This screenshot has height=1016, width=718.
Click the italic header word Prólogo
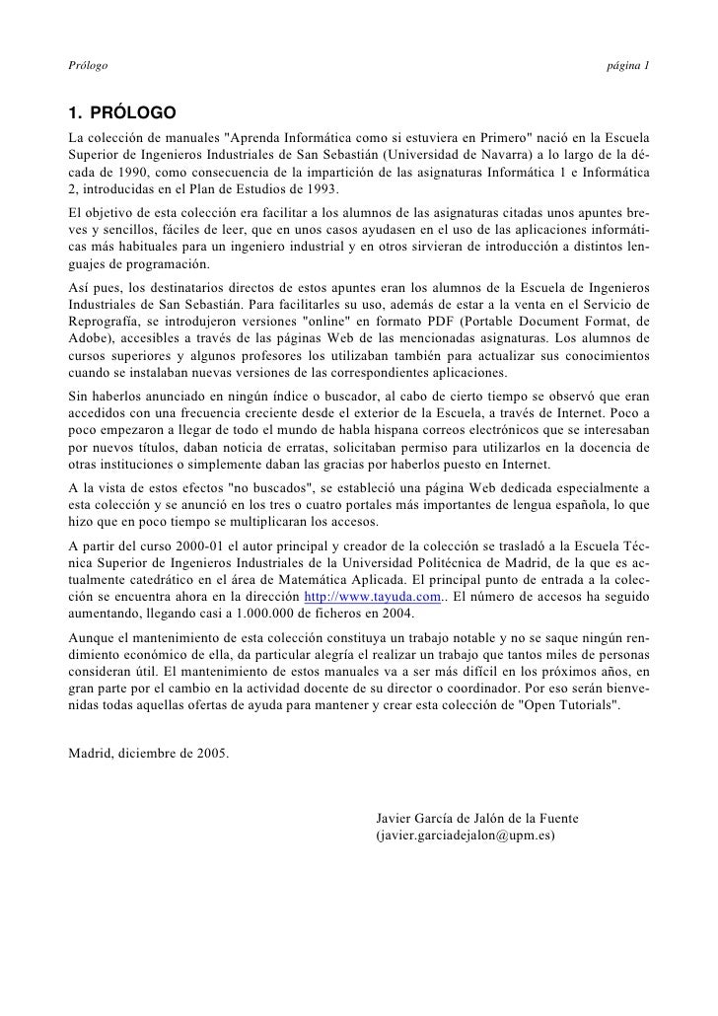pyautogui.click(x=87, y=66)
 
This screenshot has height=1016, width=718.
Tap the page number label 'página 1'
pyautogui.click(x=628, y=66)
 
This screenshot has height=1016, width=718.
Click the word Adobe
pyautogui.click(x=89, y=339)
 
